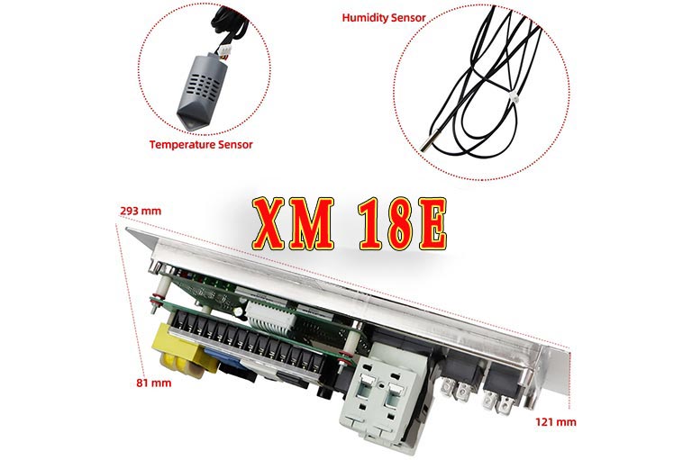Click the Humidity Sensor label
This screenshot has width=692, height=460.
384,18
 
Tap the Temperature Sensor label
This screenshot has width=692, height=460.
201,145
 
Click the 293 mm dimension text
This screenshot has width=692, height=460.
141,211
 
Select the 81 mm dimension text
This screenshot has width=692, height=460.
153,383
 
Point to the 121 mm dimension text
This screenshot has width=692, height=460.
556,422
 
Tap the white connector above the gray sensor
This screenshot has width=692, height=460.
223,53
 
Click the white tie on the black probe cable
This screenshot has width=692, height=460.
513,96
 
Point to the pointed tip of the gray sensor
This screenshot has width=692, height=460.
187,128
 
